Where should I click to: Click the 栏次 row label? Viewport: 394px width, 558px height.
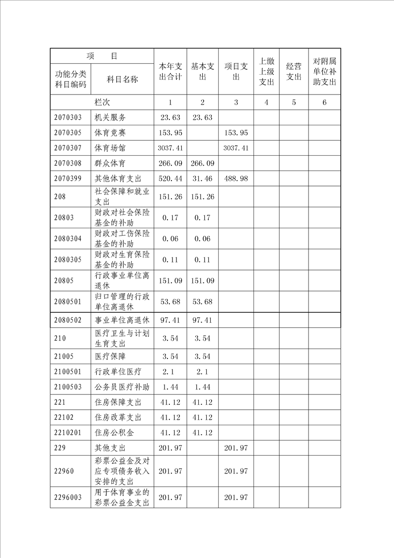coord(102,102)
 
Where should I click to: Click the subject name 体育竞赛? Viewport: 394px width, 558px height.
coord(110,133)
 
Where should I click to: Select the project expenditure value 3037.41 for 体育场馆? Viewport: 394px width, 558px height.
coord(236,148)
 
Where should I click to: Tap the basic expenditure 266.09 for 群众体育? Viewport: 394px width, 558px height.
coord(202,163)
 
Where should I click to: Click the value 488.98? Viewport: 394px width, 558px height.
coord(236,179)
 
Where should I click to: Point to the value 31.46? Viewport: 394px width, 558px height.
coord(202,179)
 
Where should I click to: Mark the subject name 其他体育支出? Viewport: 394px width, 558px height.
coord(118,179)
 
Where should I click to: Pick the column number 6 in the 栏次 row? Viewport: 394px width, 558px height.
coord(324,102)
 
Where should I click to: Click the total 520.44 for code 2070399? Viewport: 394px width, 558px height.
coord(170,179)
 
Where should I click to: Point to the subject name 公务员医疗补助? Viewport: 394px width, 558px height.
coord(122,386)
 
